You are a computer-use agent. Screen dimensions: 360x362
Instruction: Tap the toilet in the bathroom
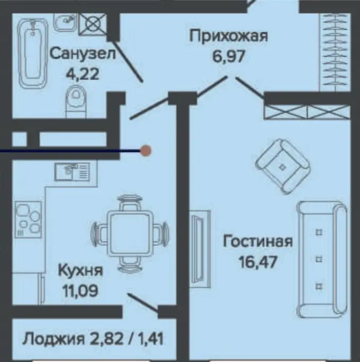76,101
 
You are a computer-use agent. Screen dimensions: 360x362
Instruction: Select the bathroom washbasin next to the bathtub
65,22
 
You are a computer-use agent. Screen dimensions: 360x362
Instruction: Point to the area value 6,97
228,56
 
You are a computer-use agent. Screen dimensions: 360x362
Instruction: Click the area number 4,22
83,74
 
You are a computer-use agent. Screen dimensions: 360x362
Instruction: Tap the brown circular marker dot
146,151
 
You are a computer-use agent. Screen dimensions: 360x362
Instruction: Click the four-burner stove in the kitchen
29,219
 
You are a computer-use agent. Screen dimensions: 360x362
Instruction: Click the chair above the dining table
130,202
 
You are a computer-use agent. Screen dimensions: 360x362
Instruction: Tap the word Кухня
80,270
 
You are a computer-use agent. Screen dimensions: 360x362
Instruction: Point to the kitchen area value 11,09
80,290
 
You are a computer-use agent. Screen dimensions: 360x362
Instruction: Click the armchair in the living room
283,166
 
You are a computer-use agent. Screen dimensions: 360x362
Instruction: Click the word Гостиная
258,242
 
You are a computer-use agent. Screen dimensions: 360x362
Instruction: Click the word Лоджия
53,339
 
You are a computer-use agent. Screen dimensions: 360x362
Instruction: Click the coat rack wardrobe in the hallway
335,52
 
